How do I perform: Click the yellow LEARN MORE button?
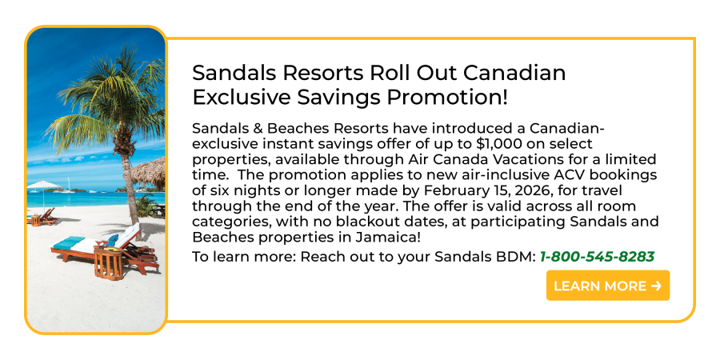click(x=607, y=286)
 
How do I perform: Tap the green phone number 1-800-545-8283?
click(x=597, y=257)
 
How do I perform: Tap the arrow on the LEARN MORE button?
click(x=656, y=286)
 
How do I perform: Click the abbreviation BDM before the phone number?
click(x=519, y=257)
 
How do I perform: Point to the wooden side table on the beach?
click(x=108, y=262)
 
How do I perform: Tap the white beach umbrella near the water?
click(x=43, y=186)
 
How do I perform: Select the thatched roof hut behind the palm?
click(x=148, y=173)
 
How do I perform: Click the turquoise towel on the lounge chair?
click(x=69, y=242)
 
